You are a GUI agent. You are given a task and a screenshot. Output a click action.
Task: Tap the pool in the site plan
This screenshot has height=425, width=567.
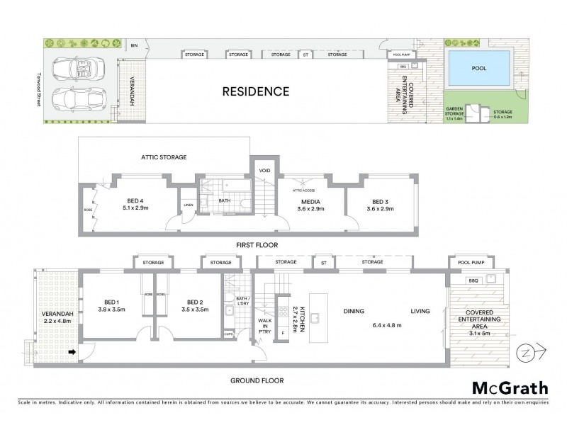pos(479,69)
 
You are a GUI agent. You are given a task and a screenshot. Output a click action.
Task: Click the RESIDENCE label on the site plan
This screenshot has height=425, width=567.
pos(256,91)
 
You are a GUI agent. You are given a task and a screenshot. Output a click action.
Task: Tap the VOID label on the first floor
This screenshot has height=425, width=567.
pos(264,171)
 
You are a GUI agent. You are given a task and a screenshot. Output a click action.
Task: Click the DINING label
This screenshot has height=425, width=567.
pos(354,311)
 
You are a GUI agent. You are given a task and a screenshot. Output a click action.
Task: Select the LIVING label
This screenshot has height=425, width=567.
pos(421,311)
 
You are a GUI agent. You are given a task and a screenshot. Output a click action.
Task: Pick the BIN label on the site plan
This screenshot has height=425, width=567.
pos(134,46)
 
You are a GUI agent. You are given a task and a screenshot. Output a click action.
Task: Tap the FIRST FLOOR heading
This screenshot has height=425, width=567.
pos(257,245)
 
